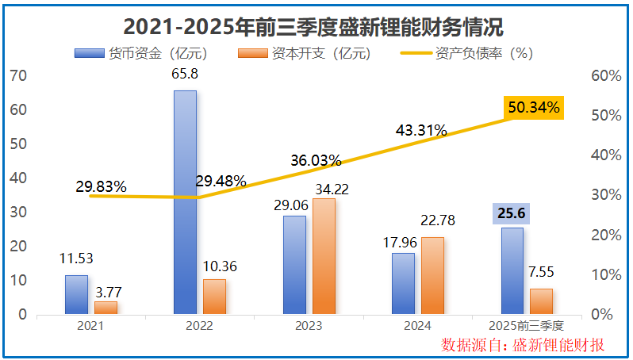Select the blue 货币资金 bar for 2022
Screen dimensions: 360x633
pos(185,202)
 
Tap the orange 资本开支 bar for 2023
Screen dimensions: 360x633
pos(323,255)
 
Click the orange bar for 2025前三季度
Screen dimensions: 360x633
pos(541,301)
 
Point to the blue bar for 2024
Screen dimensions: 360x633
pos(403,283)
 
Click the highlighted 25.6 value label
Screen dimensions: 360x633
pos(512,213)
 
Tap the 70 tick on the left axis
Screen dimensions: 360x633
pos(19,76)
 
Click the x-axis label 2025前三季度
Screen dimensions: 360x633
pos(526,326)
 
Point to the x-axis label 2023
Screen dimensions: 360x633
pos(308,326)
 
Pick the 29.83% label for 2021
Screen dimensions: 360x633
pos(101,187)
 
